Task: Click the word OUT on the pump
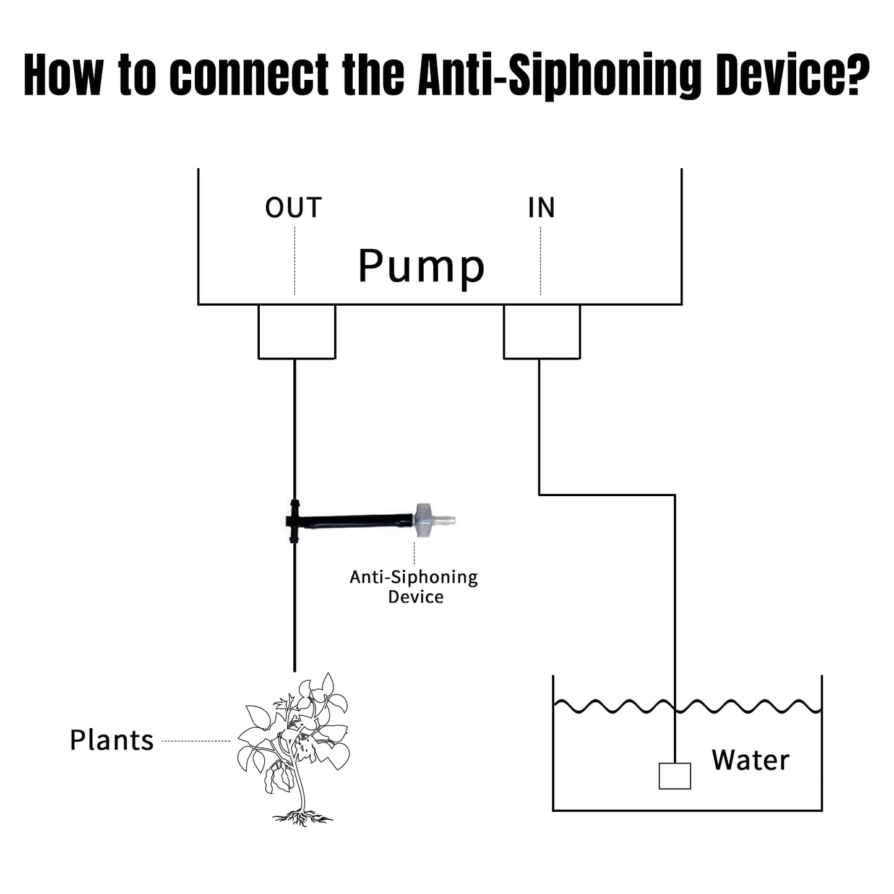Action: tap(293, 208)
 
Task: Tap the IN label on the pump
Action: tap(541, 208)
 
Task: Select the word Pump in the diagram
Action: tap(421, 266)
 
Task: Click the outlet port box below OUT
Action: tap(296, 332)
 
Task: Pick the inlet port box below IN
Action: tap(541, 332)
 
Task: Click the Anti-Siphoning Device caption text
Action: tap(414, 587)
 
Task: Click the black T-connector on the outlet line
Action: tap(294, 521)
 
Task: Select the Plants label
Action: tap(111, 740)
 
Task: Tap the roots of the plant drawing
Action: tap(302, 818)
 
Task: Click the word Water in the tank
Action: tap(750, 760)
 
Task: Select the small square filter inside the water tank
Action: tap(674, 776)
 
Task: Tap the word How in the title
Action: tap(63, 75)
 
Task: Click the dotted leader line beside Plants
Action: tap(196, 741)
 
